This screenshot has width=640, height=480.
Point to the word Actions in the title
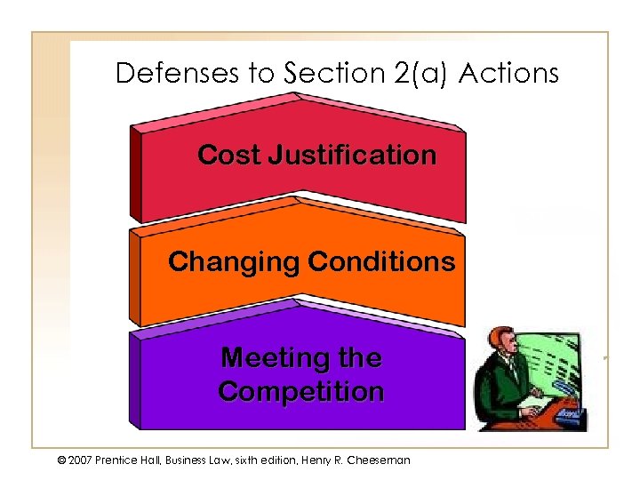(509, 73)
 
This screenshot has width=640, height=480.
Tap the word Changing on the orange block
(234, 262)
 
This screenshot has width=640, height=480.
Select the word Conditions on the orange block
(381, 262)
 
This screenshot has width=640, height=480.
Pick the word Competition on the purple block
(300, 391)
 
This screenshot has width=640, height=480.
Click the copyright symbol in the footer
(60, 460)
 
